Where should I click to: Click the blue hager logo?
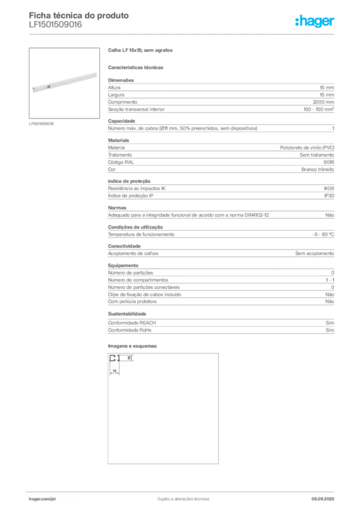point(315,21)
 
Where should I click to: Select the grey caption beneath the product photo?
point(42,123)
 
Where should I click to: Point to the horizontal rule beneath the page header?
point(183,34)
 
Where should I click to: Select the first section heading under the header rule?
point(141,51)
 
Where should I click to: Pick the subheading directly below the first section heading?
point(137,67)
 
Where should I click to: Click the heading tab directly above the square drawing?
point(133,345)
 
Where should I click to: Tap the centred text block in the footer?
point(182,498)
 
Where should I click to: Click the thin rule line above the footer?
point(183,491)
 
